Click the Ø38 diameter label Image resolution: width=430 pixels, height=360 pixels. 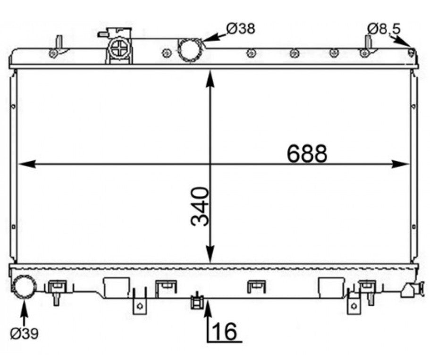pyautogui.click(x=241, y=28)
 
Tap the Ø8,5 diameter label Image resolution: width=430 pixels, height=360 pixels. pyautogui.click(x=384, y=28)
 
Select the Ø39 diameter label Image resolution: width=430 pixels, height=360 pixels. pyautogui.click(x=24, y=334)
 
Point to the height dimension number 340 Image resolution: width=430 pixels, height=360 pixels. pyautogui.click(x=200, y=207)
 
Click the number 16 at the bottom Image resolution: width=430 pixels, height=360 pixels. pyautogui.click(x=224, y=331)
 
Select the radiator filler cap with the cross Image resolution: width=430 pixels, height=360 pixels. pyautogui.click(x=119, y=49)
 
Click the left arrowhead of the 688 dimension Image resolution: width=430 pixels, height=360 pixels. pyautogui.click(x=26, y=164)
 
